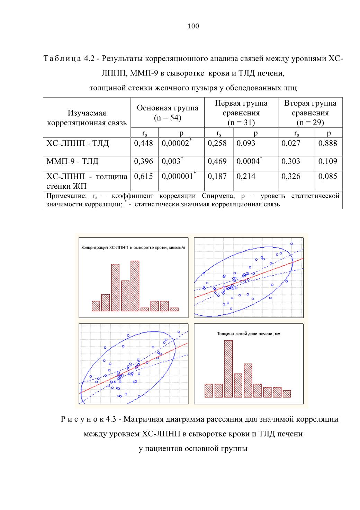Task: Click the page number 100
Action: click(193, 26)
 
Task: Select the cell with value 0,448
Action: click(143, 143)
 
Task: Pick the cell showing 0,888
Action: click(327, 143)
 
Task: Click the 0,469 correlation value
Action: click(217, 161)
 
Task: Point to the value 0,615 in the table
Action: click(143, 176)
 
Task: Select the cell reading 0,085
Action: click(327, 176)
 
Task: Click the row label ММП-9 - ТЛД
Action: click(72, 161)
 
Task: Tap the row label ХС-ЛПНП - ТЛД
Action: click(78, 143)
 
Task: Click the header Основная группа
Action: click(168, 108)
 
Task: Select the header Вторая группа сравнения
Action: click(310, 108)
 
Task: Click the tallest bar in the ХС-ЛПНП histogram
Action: click(135, 286)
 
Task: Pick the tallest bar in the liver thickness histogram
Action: click(228, 369)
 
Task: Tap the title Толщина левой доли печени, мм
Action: click(249, 334)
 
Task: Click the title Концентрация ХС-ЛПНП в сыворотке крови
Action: click(133, 248)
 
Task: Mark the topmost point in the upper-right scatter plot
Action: click(291, 244)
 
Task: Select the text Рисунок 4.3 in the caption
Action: click(89, 419)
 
